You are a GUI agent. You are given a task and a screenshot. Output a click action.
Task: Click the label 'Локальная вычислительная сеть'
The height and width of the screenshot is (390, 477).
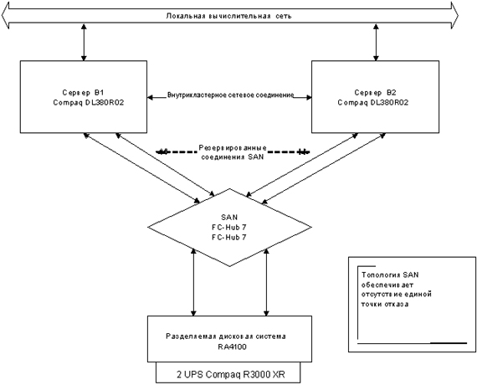click(228, 16)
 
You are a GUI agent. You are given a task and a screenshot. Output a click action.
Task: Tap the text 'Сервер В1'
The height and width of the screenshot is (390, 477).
click(80, 92)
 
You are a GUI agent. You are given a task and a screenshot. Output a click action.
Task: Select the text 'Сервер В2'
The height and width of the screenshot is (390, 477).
click(376, 92)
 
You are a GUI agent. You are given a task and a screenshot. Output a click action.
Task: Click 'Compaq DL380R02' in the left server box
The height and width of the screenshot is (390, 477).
click(89, 102)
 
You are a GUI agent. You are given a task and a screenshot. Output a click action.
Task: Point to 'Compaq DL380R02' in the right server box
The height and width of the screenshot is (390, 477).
click(373, 102)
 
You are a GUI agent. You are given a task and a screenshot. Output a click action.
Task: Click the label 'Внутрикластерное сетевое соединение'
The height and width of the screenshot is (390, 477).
click(231, 95)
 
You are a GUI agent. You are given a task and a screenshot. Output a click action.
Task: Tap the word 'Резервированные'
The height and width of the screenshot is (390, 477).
click(233, 148)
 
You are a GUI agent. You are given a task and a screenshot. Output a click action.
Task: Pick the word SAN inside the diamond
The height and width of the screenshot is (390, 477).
click(229, 218)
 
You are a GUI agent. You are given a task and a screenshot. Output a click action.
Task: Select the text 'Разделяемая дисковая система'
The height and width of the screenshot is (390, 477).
click(226, 336)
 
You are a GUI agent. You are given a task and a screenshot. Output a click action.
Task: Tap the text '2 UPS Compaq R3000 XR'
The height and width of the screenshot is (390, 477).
click(231, 374)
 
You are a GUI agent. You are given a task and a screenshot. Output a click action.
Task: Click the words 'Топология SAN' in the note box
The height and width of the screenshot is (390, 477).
click(390, 275)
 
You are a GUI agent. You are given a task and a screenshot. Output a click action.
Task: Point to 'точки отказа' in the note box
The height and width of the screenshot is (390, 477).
click(385, 304)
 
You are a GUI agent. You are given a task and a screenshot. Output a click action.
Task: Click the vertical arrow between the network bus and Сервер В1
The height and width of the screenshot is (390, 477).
click(84, 43)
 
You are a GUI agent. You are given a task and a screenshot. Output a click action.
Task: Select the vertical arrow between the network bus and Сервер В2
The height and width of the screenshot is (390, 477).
click(377, 43)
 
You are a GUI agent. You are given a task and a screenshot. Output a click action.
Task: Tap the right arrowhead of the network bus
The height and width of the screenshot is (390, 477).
click(454, 15)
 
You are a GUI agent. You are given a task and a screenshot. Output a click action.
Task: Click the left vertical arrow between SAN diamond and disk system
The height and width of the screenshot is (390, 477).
click(193, 282)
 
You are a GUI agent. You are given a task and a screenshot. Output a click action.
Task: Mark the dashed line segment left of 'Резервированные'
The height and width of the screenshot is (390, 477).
click(177, 151)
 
